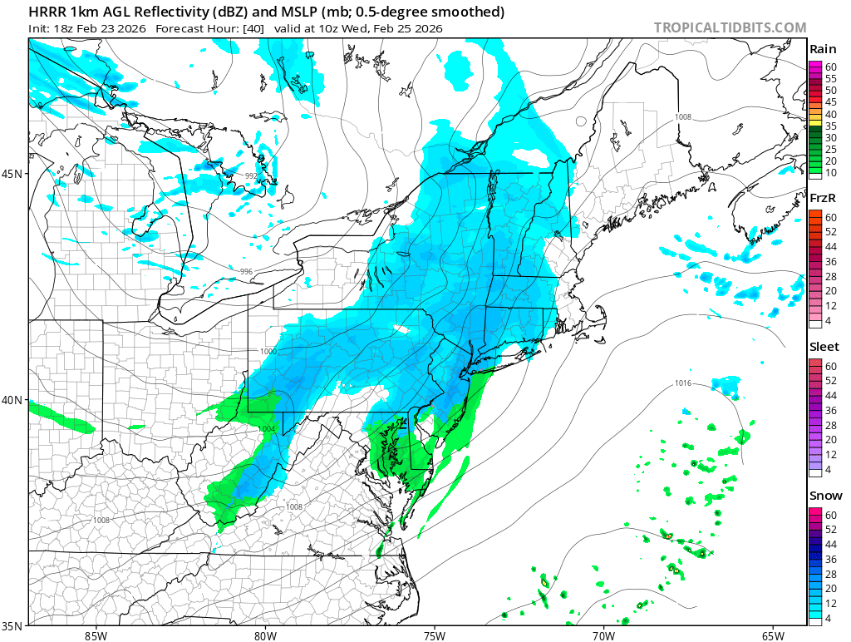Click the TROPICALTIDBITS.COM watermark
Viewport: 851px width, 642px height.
[730, 27]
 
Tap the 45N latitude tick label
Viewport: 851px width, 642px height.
[14, 174]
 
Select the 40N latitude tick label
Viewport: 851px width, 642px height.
[14, 400]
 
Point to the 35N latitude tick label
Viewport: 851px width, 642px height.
[14, 626]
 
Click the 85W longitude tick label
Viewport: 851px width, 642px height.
[96, 636]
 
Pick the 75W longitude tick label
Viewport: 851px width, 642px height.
[434, 636]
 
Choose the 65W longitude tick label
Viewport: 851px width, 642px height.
[772, 636]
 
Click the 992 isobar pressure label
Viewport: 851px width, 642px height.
[251, 175]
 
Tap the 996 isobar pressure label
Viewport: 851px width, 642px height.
[246, 272]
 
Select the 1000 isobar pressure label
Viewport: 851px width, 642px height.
[268, 352]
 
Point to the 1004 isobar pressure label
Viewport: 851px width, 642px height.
[266, 429]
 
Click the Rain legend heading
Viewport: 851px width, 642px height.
[822, 50]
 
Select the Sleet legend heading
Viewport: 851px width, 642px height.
[824, 346]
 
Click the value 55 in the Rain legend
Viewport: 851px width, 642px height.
[830, 77]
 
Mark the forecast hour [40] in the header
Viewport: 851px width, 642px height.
[253, 28]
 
